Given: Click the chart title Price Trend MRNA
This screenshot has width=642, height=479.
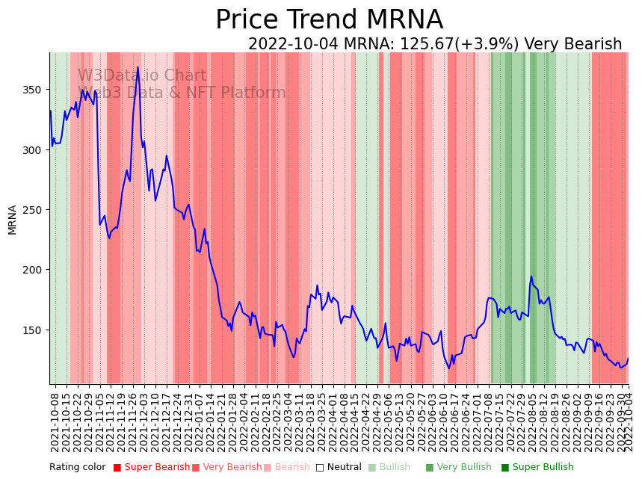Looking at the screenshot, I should [329, 20].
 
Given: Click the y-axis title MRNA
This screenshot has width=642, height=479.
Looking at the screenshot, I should [12, 220].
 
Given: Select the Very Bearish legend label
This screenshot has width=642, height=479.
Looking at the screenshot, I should [227, 467].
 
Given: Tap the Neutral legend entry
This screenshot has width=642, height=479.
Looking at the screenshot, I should [339, 467].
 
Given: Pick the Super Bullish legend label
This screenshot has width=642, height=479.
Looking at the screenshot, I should [537, 467].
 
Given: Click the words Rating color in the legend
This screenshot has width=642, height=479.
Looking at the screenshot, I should [78, 467].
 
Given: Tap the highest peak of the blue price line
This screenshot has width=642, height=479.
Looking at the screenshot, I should [138, 67].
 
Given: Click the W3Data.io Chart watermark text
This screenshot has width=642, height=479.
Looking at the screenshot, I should [142, 75].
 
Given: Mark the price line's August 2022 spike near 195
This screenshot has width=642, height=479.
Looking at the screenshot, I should [531, 276].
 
